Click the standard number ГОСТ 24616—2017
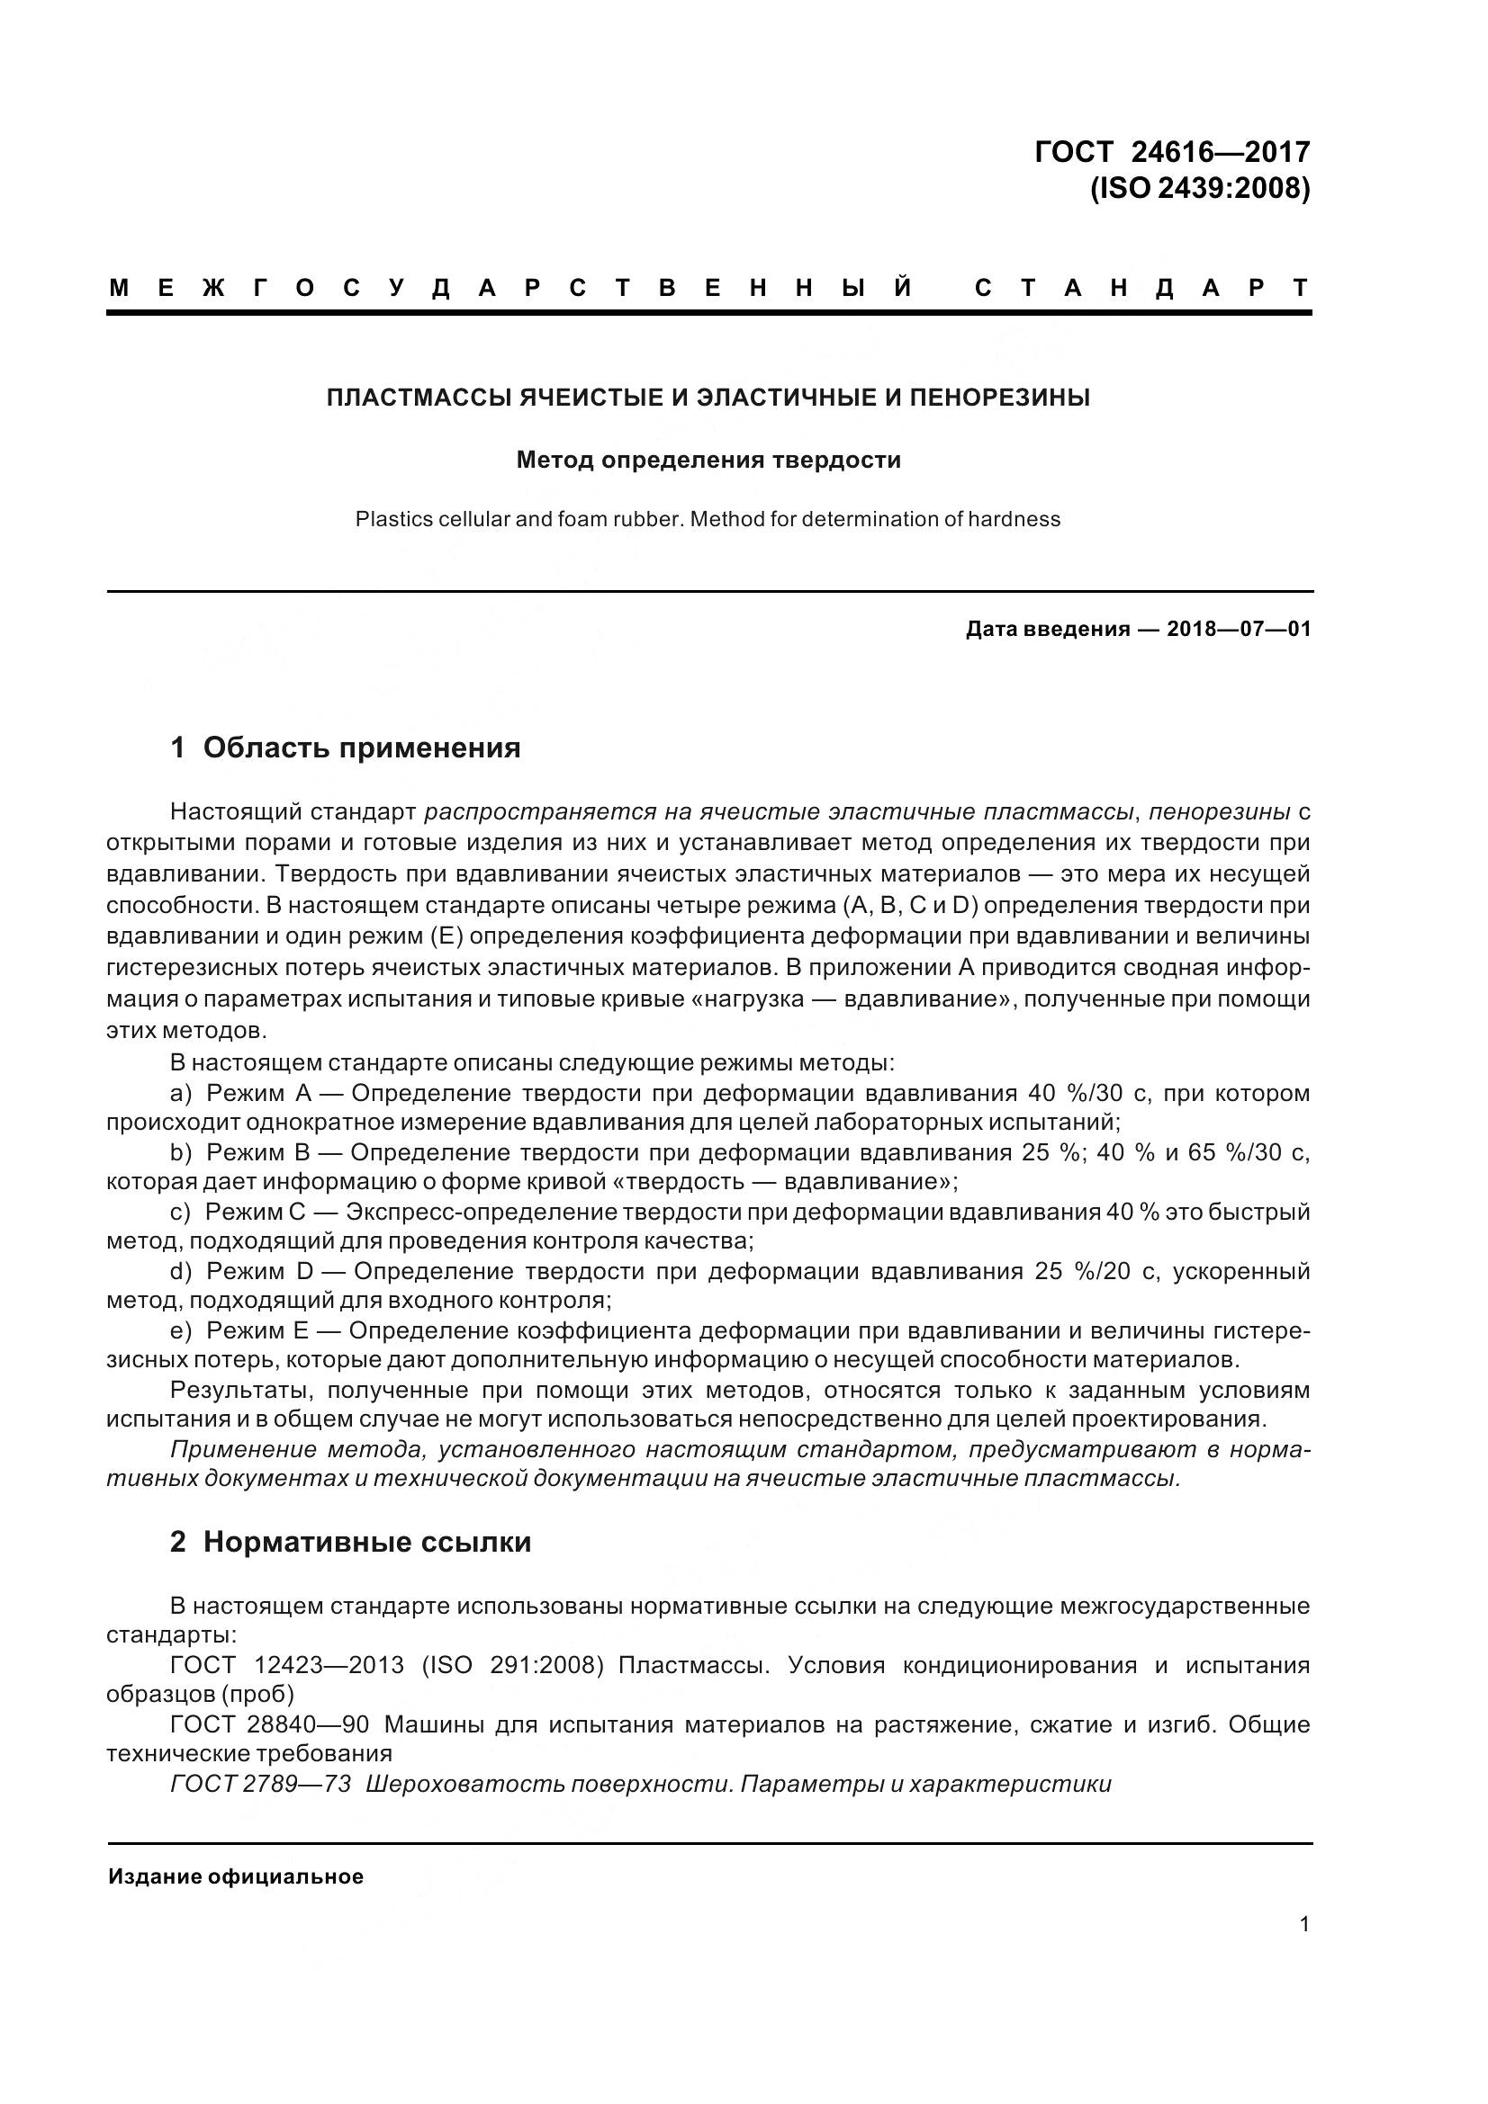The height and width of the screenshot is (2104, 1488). tap(1172, 151)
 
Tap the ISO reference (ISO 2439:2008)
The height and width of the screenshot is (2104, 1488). tap(1199, 188)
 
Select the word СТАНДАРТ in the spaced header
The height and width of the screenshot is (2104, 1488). tap(1141, 289)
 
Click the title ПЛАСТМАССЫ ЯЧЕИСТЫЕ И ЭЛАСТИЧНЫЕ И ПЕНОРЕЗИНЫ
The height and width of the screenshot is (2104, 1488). tap(708, 398)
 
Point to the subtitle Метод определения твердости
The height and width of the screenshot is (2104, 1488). tap(708, 459)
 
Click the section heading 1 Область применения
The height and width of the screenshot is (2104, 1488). tap(345, 748)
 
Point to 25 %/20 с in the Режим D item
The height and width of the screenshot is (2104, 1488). tap(1095, 1271)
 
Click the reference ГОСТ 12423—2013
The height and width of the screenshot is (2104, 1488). tap(287, 1665)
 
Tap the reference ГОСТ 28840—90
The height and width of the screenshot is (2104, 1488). tap(269, 1724)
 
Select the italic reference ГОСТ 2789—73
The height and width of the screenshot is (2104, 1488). tap(260, 1784)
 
